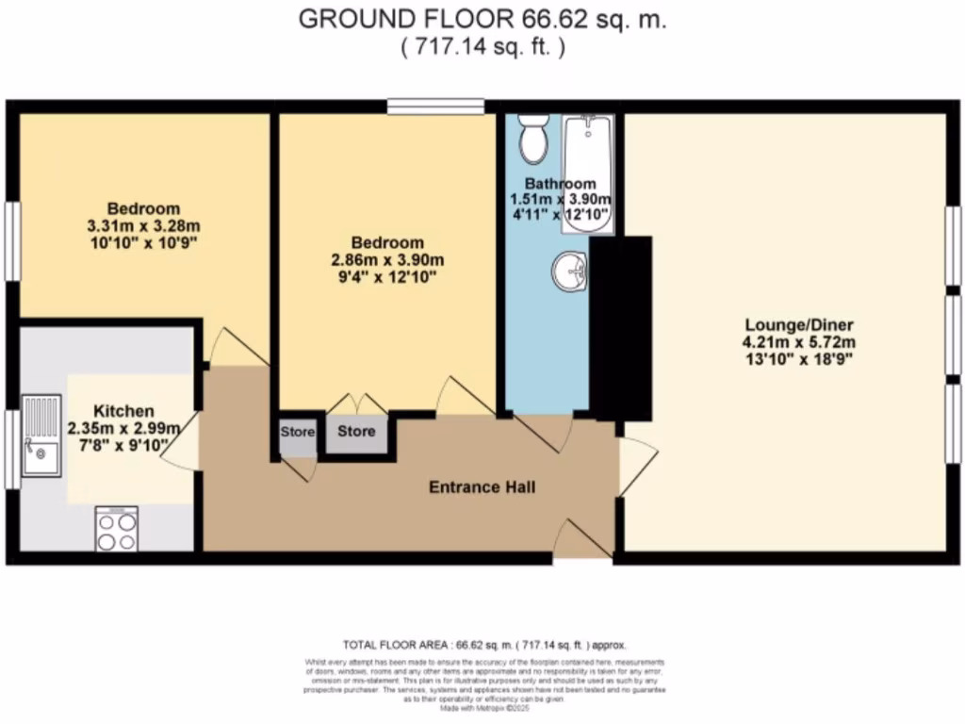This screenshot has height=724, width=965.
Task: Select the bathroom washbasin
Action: click(569, 272)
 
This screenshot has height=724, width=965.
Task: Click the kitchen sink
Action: click(42, 435)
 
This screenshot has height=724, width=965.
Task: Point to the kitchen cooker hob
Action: click(116, 529)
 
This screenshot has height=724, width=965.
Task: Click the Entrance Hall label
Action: click(482, 487)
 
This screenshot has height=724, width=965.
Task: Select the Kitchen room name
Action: click(123, 411)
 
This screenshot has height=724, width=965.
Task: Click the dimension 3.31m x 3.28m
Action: click(143, 225)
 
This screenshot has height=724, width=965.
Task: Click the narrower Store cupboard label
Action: click(298, 432)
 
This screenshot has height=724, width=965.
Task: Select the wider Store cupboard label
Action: click(356, 432)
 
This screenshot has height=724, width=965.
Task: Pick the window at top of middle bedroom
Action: click(435, 107)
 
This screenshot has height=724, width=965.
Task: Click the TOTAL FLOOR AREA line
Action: click(482, 646)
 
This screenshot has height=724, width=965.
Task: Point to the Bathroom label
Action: click(560, 184)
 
